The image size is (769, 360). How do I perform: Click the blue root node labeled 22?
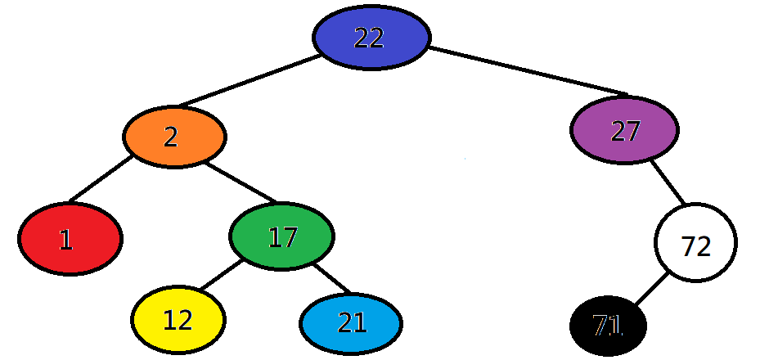[371, 38]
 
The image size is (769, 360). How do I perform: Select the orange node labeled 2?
[174, 137]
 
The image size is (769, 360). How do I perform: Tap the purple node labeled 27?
[624, 130]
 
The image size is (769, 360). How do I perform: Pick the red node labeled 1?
[70, 239]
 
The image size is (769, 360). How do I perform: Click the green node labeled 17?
[281, 237]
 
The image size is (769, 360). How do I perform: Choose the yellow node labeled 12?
[178, 320]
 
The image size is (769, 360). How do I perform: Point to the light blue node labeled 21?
[351, 323]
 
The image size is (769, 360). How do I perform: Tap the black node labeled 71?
[608, 326]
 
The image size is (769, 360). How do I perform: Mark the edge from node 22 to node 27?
[528, 71]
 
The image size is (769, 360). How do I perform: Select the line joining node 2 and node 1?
[100, 179]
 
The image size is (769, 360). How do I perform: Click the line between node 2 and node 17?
[242, 183]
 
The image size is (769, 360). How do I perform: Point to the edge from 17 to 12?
[218, 276]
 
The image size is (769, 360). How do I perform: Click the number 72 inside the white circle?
[696, 245]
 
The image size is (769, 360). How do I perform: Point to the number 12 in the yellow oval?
[178, 321]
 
